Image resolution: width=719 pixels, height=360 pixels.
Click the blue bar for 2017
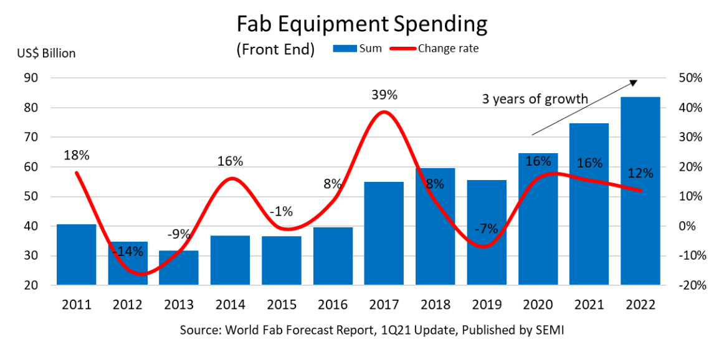(384, 234)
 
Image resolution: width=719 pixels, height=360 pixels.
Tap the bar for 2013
(179, 268)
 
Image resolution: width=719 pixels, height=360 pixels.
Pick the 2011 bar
(77, 254)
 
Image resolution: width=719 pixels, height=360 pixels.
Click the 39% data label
(384, 95)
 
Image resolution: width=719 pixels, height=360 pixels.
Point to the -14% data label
(128, 252)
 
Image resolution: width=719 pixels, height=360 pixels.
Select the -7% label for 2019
(485, 229)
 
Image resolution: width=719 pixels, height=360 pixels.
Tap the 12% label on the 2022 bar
(640, 173)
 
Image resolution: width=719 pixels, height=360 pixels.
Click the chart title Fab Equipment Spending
(361, 24)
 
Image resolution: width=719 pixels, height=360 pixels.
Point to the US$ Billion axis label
(46, 54)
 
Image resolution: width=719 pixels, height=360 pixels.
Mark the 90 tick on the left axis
(31, 78)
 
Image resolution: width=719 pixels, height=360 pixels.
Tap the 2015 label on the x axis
(281, 305)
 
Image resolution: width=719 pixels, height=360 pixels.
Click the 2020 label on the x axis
(537, 305)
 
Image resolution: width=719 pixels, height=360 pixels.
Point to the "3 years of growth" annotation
(535, 98)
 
